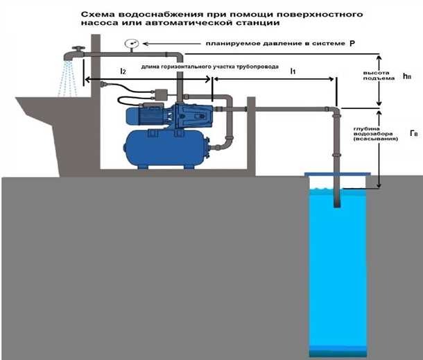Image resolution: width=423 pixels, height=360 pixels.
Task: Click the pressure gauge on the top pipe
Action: coord(130,44)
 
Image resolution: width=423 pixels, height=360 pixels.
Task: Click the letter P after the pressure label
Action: coord(352,44)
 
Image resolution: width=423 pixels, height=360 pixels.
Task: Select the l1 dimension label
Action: coord(293,71)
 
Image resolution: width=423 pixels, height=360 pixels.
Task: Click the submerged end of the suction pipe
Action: coord(335,203)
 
